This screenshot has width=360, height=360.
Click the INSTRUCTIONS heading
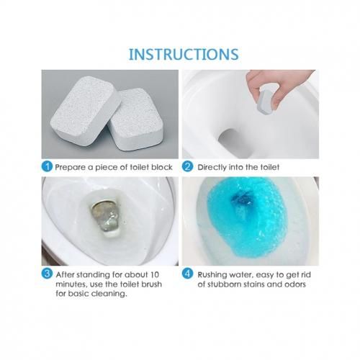pos(184,55)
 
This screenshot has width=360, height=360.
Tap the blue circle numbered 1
pos(47,166)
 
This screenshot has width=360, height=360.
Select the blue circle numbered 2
pos(187,166)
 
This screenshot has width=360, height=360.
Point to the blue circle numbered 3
pos(47,274)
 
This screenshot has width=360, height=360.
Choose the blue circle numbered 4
pos(187,274)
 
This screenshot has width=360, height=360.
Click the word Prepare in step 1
pos(71,167)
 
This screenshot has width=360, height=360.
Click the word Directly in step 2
pos(212,167)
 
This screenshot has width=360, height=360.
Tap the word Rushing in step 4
pos(212,275)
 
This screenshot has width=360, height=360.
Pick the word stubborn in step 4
pos(225,284)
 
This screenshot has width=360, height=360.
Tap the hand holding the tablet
pos(279,88)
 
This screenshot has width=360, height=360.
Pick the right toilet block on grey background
pos(135,120)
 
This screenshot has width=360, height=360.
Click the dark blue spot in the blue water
pos(243,199)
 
